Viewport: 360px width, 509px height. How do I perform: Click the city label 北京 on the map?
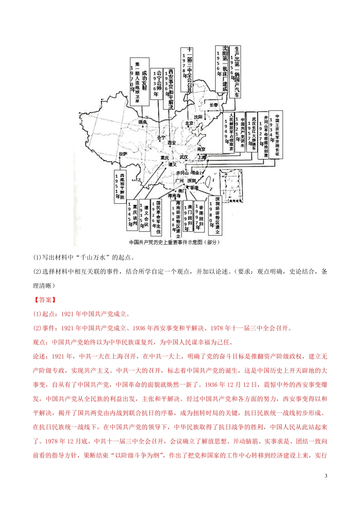[x=189, y=123]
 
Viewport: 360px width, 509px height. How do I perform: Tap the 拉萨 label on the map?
[x=122, y=154]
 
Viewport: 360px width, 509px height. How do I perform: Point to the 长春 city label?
[x=214, y=105]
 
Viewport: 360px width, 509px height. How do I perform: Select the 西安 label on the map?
[x=171, y=143]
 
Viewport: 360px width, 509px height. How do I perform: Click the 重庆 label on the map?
[x=164, y=157]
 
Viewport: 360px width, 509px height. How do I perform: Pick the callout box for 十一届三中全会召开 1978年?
[x=186, y=69]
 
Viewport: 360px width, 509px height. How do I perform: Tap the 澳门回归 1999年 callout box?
[x=188, y=216]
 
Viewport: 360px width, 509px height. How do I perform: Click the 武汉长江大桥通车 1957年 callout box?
[x=252, y=132]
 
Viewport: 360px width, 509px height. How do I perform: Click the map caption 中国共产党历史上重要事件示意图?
[x=174, y=242]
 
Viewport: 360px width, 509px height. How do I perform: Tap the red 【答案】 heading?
[x=45, y=300]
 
